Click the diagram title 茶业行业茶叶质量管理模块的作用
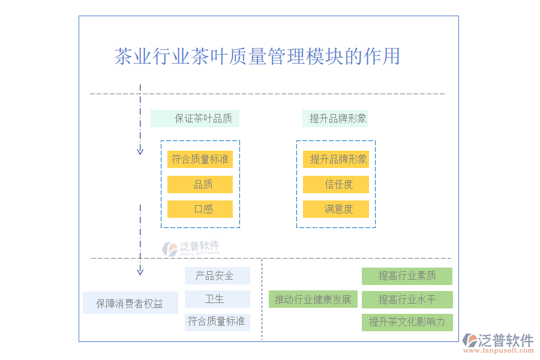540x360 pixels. [257, 56]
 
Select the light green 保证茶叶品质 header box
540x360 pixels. [195, 118]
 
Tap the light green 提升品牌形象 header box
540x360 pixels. [335, 118]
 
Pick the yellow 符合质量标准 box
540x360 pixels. [200, 159]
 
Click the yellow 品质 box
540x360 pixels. [200, 184]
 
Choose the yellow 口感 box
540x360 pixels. [200, 209]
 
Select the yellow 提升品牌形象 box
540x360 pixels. [335, 159]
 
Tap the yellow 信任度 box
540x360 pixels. [335, 184]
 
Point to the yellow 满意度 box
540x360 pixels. [335, 209]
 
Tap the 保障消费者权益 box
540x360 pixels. [130, 303]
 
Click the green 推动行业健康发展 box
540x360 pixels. [313, 299]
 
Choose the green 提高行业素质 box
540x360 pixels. [407, 276]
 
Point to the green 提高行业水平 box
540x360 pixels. [407, 299]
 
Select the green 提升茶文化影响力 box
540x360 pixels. [407, 322]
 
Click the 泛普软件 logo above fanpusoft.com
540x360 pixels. [498, 341]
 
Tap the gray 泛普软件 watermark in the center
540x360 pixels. [191, 247]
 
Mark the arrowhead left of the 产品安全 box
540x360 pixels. [140, 271]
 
